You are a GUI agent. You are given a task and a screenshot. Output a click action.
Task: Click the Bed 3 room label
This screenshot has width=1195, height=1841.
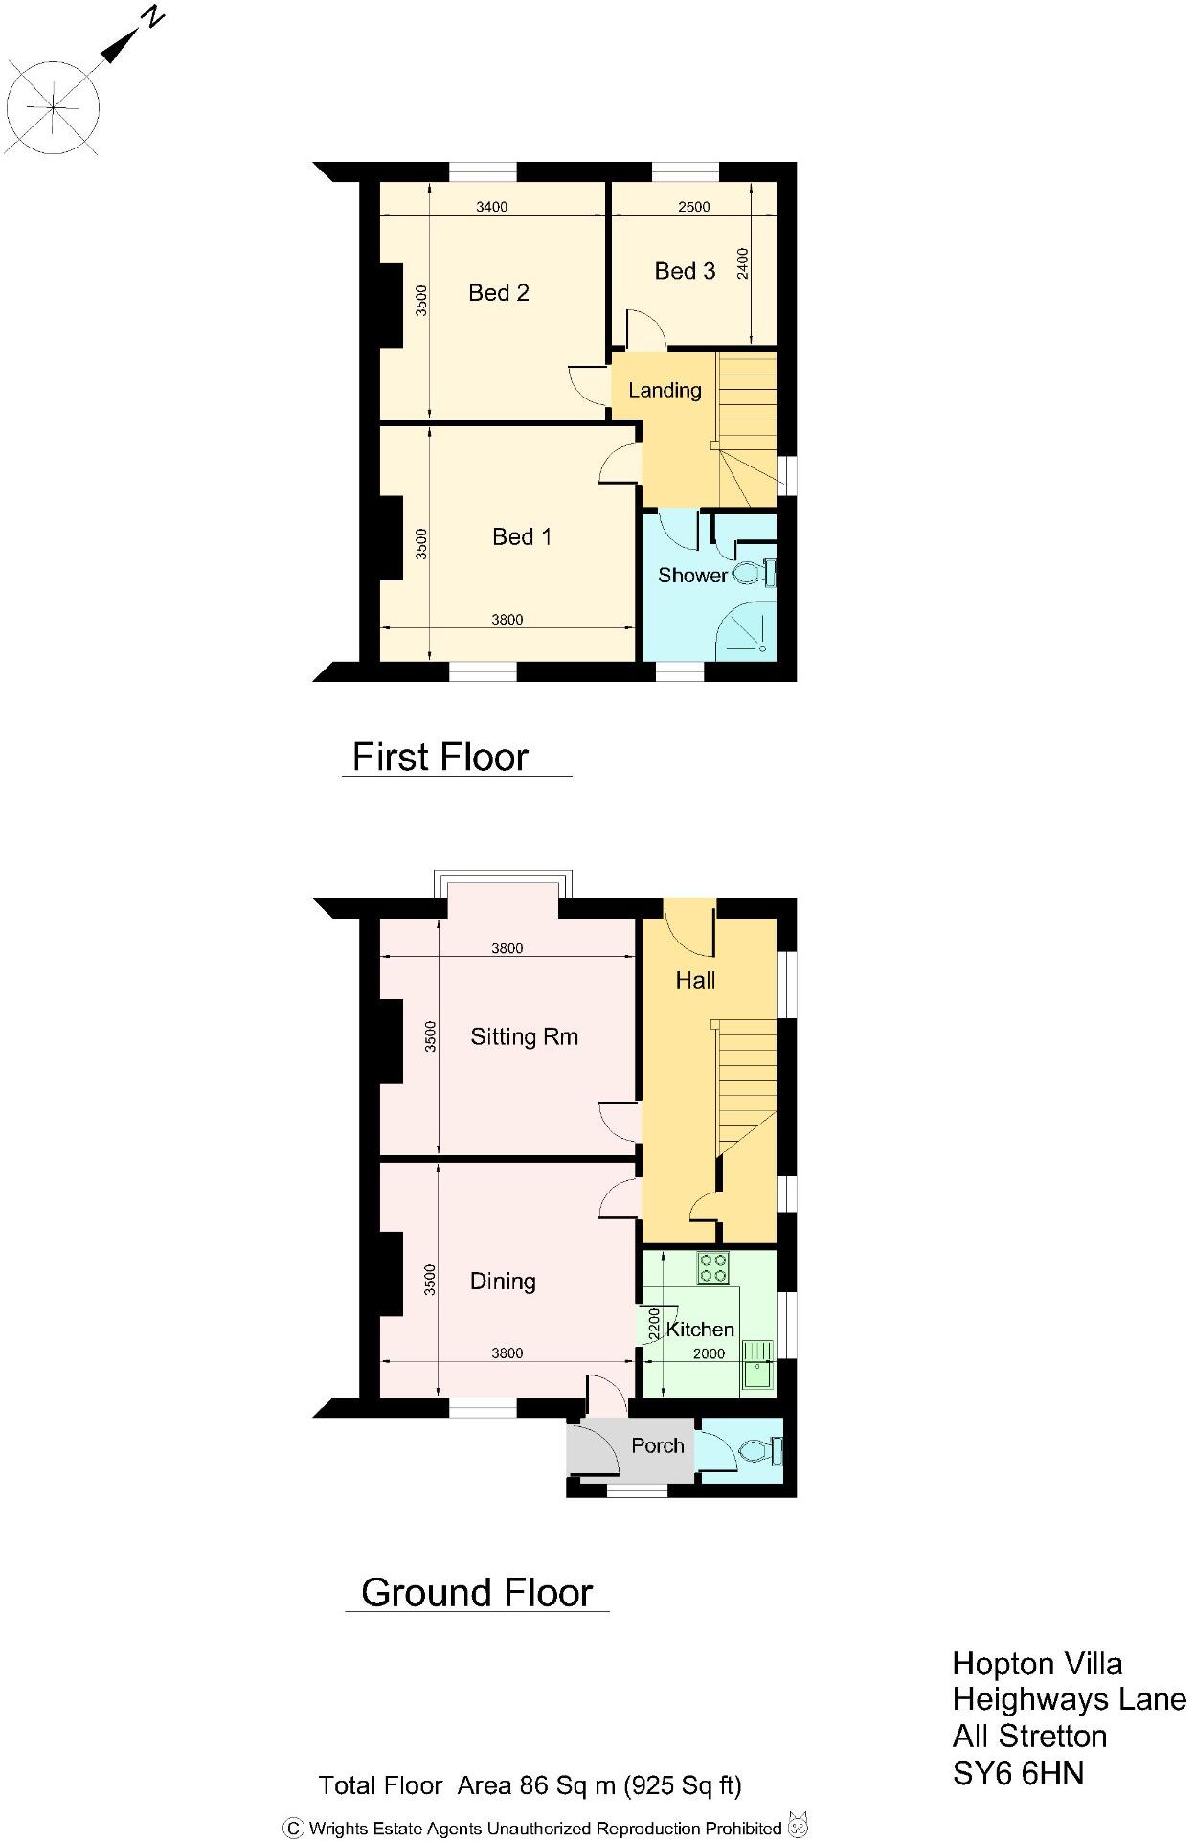(685, 271)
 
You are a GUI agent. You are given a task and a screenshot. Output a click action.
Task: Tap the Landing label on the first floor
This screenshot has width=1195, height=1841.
(665, 390)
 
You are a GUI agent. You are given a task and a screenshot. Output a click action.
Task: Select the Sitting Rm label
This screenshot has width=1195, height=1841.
(524, 1036)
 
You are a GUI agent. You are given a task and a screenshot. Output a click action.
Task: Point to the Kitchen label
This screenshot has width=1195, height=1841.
(700, 1329)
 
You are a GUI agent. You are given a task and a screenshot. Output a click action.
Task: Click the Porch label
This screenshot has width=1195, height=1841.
(658, 1445)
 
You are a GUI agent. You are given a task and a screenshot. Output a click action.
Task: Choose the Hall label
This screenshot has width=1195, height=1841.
(695, 980)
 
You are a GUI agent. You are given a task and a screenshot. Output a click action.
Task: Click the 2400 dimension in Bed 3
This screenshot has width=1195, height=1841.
(743, 262)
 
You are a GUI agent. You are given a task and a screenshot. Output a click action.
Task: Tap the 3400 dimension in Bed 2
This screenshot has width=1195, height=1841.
(491, 207)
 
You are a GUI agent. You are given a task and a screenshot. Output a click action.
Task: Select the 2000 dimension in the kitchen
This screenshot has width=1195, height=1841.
(709, 1353)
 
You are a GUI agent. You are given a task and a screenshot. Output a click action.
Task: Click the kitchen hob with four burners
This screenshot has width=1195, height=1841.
(712, 1268)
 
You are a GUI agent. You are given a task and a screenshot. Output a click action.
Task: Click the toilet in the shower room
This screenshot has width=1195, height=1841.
(755, 574)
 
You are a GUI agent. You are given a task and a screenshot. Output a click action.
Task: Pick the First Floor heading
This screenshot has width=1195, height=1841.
(440, 757)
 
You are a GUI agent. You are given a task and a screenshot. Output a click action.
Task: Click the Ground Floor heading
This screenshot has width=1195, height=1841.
(477, 1592)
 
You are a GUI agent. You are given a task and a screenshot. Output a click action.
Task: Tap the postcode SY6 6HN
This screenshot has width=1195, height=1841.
(1018, 1772)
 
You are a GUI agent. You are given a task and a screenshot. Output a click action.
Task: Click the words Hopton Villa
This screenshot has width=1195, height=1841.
(1037, 1663)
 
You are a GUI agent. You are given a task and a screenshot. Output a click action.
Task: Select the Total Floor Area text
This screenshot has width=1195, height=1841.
(530, 1784)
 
